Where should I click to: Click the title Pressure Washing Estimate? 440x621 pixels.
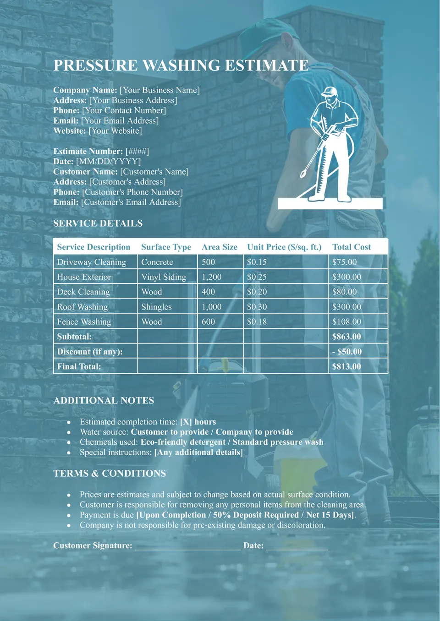[181, 65]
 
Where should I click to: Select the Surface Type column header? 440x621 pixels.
[166, 247]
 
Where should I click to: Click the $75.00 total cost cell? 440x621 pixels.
[344, 262]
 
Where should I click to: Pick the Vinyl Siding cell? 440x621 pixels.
[164, 277]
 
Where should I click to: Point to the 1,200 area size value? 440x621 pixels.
[211, 277]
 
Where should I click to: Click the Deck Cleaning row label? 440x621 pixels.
[83, 292]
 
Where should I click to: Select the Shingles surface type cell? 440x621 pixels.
[156, 307]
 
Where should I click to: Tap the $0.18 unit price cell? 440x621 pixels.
[257, 321]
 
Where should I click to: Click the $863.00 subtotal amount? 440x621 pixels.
[346, 337]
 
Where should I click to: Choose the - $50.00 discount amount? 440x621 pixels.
[346, 352]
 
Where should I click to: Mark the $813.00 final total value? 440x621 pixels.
[346, 366]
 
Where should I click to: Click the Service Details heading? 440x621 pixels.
[98, 223]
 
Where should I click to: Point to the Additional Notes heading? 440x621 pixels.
[104, 400]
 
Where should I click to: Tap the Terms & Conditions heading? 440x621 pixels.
[110, 473]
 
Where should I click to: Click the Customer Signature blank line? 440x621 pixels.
[187, 545]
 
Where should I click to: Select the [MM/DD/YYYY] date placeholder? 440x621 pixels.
[109, 161]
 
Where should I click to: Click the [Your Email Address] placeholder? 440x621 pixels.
[120, 120]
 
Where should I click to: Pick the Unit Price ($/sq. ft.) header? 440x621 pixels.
[284, 247]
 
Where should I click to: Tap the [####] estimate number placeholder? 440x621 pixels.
[137, 151]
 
